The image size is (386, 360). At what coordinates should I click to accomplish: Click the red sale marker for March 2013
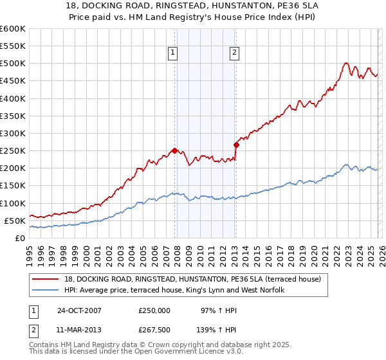pyautogui.click(x=236, y=145)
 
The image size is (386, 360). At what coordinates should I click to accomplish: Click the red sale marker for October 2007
pyautogui.click(x=174, y=150)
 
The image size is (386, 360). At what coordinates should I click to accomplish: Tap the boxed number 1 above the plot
pyautogui.click(x=174, y=53)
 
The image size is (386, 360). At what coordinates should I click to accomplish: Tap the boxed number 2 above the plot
pyautogui.click(x=234, y=53)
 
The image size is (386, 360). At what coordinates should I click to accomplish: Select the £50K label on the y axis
pyautogui.click(x=15, y=221)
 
